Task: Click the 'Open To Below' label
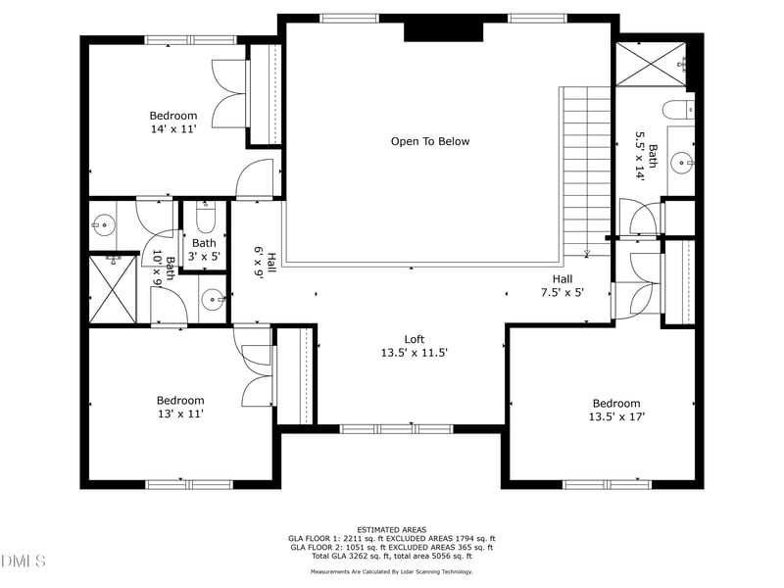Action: [x=430, y=141]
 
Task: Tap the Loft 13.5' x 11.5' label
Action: [x=414, y=346]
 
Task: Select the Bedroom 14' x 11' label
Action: [x=173, y=122]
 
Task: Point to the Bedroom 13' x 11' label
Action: [x=180, y=407]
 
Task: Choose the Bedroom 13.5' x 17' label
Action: [x=615, y=410]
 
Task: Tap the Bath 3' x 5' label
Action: [x=204, y=249]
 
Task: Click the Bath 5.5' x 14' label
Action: [x=647, y=156]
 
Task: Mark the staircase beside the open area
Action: [x=586, y=171]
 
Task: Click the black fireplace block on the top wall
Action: [x=444, y=31]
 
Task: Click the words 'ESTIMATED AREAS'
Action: [x=391, y=529]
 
